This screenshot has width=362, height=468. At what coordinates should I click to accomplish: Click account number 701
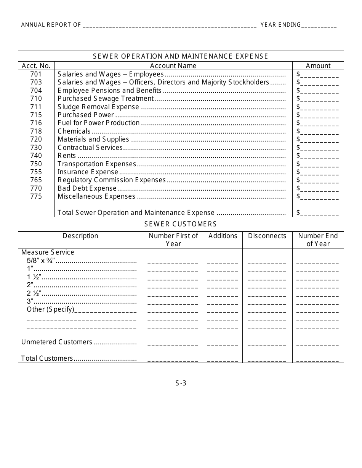(36, 74)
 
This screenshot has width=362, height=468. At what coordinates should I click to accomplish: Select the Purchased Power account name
(86, 115)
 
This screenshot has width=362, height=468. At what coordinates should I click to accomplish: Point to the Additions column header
(223, 236)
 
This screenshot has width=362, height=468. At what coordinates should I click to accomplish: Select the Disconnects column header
(267, 236)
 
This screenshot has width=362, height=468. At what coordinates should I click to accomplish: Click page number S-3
(181, 383)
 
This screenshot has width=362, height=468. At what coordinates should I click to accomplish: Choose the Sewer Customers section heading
(181, 224)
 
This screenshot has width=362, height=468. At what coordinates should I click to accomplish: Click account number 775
(36, 196)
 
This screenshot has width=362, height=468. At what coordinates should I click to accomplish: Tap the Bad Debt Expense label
(87, 188)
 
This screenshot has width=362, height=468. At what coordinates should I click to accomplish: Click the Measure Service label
(48, 252)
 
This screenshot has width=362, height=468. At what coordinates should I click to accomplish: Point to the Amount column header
(318, 66)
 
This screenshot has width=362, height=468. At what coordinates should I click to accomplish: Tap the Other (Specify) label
(50, 309)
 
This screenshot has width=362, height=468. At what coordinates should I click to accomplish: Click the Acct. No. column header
(36, 66)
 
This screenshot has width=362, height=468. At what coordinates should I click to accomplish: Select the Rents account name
(67, 156)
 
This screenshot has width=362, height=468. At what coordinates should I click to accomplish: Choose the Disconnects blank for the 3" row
(267, 304)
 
